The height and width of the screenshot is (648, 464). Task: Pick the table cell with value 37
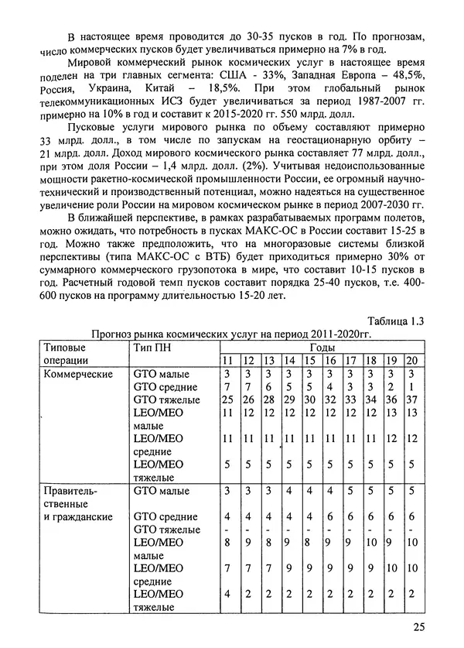(x=411, y=399)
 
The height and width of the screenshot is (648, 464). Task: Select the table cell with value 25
(x=227, y=399)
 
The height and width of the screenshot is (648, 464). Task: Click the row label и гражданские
(x=77, y=516)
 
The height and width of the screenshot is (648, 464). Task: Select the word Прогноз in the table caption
(x=114, y=334)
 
